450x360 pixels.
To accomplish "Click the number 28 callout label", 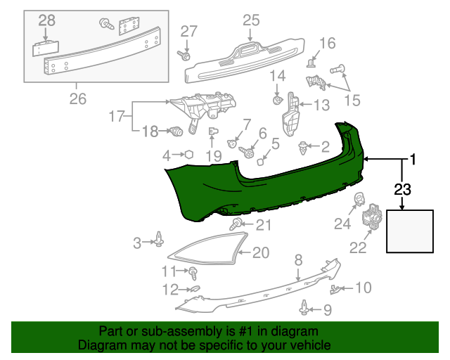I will (x=47, y=22).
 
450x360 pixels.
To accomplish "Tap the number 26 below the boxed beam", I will (x=77, y=99).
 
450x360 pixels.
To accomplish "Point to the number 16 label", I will (x=328, y=44).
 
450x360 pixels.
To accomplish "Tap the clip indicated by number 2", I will (x=303, y=148).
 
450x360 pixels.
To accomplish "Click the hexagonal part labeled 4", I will (x=188, y=155).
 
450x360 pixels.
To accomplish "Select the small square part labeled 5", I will (x=259, y=161).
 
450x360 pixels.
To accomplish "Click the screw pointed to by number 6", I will (x=248, y=150).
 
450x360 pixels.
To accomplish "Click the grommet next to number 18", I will (x=176, y=131).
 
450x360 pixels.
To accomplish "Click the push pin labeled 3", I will (x=160, y=241).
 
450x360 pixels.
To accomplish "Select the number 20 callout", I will (x=260, y=252).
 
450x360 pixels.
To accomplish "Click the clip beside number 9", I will (x=304, y=307).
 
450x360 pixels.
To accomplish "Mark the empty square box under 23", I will (x=410, y=231).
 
